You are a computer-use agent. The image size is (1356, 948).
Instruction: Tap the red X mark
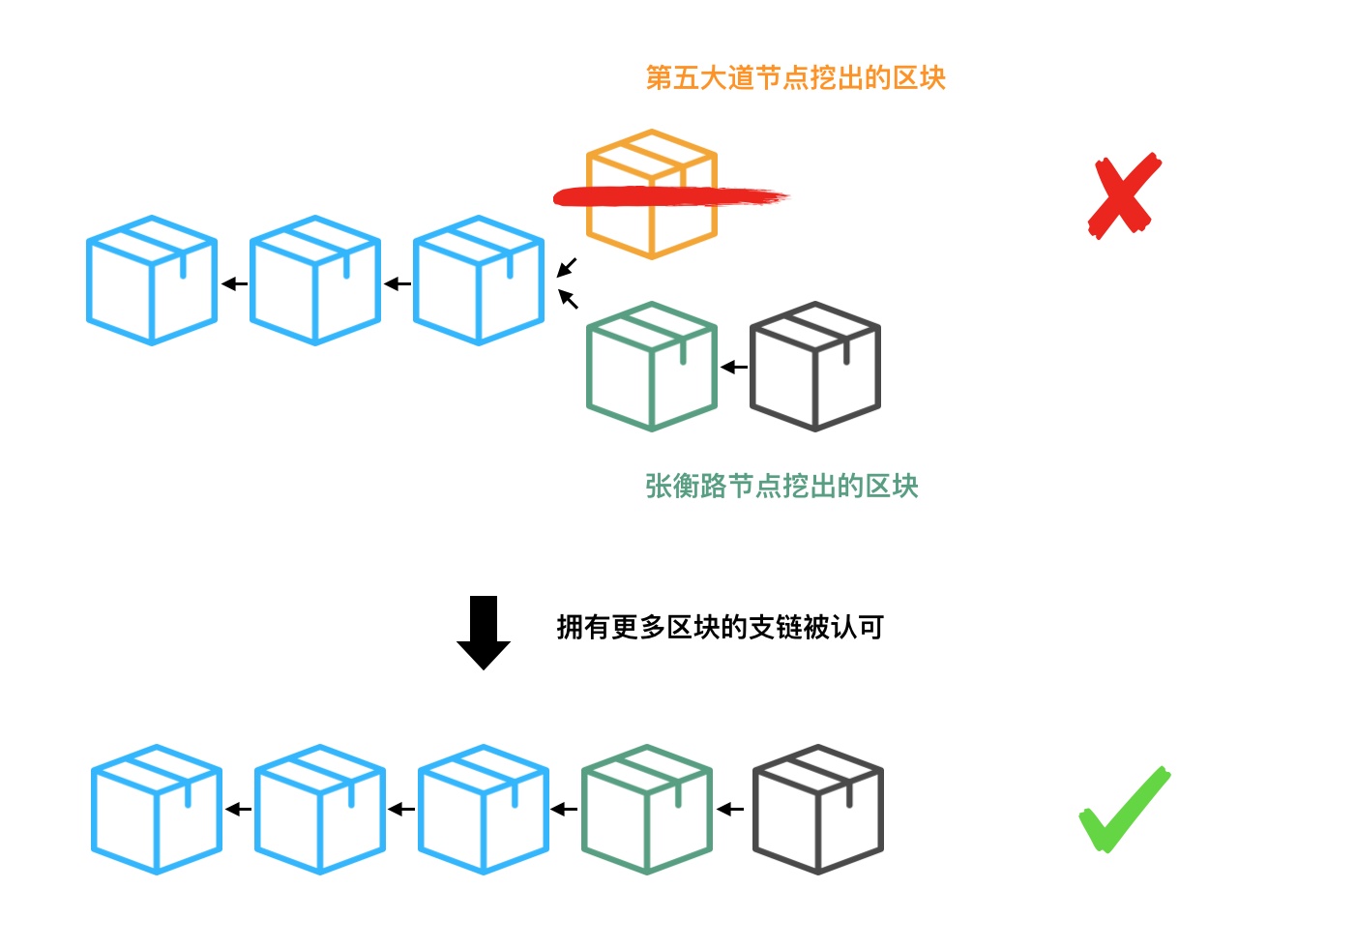tap(1123, 195)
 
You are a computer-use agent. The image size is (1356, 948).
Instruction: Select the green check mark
tap(1124, 811)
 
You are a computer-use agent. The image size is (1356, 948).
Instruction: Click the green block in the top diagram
tap(651, 367)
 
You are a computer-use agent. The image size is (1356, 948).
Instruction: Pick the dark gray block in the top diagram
tap(815, 367)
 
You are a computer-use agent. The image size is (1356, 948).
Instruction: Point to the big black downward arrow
tap(484, 633)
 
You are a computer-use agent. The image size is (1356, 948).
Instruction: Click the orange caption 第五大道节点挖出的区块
tap(795, 78)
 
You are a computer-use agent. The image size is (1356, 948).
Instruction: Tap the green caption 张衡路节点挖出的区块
tap(781, 486)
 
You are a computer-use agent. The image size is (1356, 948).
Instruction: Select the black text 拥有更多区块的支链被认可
tap(721, 628)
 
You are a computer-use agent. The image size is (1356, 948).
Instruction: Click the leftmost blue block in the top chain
tap(152, 281)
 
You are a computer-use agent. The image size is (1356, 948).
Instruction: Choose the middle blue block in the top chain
tap(315, 281)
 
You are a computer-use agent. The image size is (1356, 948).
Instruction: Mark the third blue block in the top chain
tap(479, 281)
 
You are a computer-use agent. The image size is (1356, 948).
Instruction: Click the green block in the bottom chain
tap(647, 810)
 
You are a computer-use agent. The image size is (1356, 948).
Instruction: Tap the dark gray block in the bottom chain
tap(818, 810)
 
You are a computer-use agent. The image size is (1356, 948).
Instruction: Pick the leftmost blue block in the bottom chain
tap(157, 810)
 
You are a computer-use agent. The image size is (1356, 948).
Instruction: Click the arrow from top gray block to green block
tap(734, 368)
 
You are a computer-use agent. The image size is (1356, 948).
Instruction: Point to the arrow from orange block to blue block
tap(567, 267)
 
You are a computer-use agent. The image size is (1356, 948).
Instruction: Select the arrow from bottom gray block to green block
tap(731, 810)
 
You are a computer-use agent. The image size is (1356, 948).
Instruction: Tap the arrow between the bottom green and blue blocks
tap(565, 810)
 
